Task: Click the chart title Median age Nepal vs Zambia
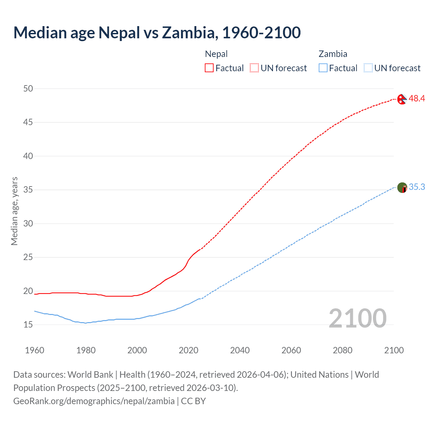tap(157, 33)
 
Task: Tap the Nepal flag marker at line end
tap(402, 99)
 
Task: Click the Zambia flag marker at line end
tap(402, 188)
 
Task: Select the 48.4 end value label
tap(417, 99)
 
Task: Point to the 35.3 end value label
tap(417, 187)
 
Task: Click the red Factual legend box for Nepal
tap(209, 68)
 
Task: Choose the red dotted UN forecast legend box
tap(254, 68)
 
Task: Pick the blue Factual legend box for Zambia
tap(323, 68)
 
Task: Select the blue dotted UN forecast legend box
tap(368, 68)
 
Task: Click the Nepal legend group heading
tap(216, 54)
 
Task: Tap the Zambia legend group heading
tap(333, 54)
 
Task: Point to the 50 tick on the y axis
tap(28, 88)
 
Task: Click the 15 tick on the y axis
tap(28, 324)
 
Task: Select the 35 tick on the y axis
tap(28, 190)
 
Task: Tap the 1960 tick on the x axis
tap(35, 350)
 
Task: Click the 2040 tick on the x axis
tap(240, 350)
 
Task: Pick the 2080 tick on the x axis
tap(342, 350)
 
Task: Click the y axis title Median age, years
tap(14, 211)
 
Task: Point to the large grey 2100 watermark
tap(357, 318)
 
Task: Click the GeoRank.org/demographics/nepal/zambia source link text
tap(94, 401)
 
